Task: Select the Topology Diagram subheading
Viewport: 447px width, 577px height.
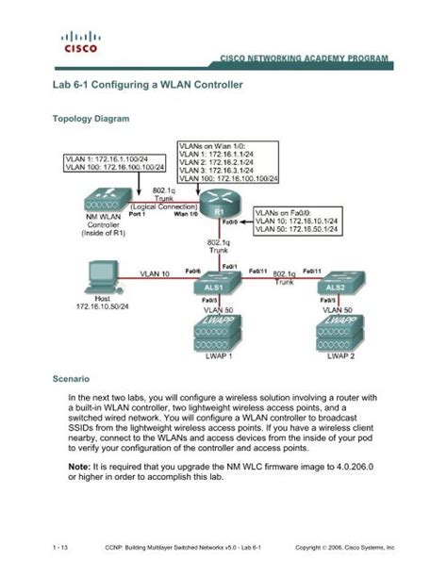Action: pyautogui.click(x=89, y=122)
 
